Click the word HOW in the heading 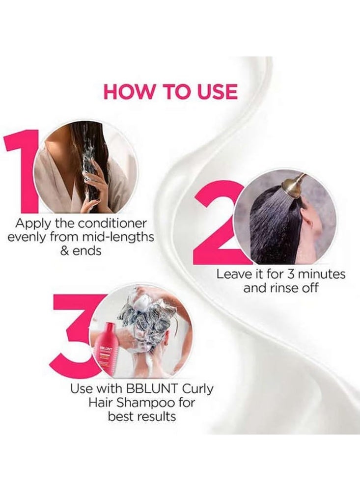pos(126,92)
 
